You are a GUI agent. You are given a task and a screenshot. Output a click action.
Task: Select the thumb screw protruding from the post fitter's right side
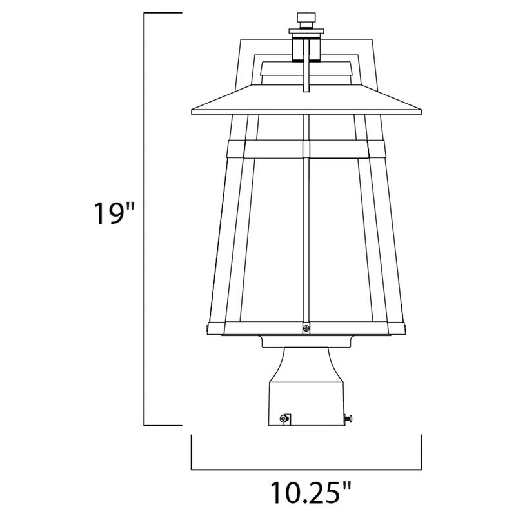pos(349,419)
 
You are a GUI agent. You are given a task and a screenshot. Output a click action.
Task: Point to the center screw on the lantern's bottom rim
pos(306,328)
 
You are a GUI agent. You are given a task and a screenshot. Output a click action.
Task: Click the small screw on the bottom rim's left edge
pos(207,328)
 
